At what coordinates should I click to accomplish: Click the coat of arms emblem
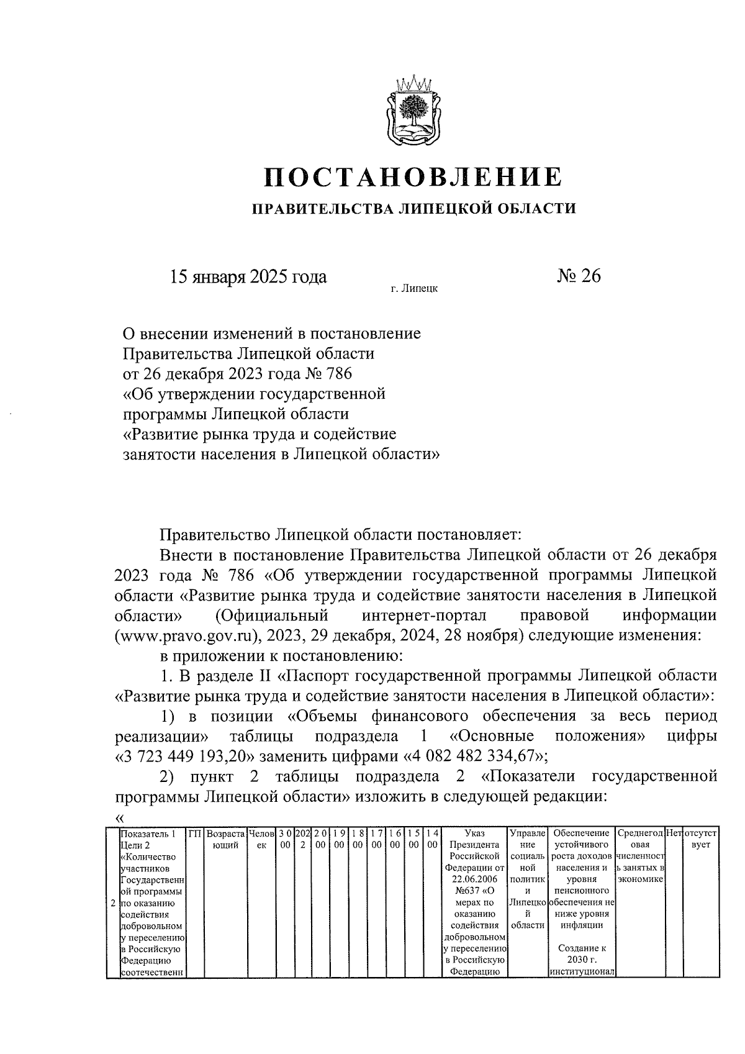[x=412, y=109]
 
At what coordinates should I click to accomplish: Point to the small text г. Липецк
[x=414, y=288]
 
